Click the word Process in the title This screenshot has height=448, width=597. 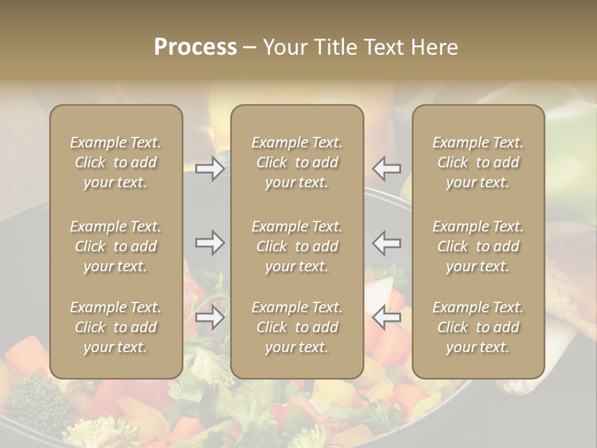pos(195,47)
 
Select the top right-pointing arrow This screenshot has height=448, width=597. pos(210,169)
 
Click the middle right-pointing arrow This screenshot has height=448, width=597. pos(210,243)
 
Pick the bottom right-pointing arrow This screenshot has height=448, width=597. pos(210,317)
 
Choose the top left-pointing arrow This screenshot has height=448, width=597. pos(387,169)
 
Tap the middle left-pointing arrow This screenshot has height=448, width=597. pos(387,243)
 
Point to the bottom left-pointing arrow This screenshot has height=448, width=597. pos(387,317)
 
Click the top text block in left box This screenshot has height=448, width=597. pos(116,162)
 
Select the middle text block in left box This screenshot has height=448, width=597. pos(116,246)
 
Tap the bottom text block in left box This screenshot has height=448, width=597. pos(116,327)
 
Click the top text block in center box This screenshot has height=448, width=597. pos(297,162)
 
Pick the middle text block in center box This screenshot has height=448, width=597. pos(297,246)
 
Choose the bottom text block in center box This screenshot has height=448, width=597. pos(297,327)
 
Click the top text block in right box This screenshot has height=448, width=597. pos(478,162)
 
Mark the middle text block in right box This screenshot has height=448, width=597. pos(478,246)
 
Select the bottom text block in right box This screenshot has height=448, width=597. pos(478,327)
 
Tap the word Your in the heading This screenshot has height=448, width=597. pos(285,47)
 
